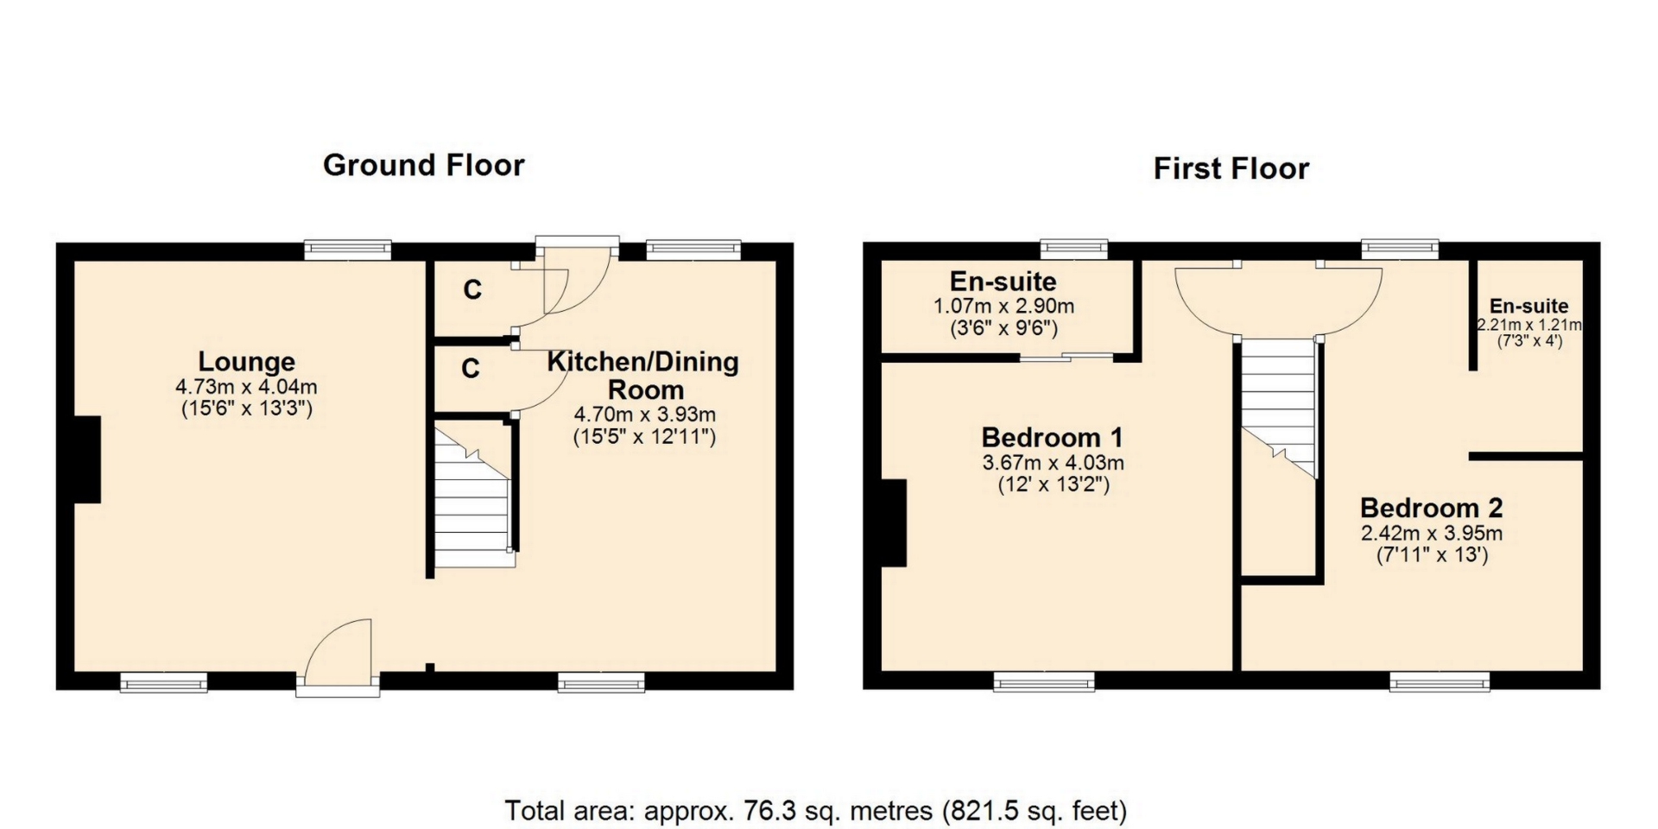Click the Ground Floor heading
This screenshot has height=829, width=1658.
[x=423, y=165]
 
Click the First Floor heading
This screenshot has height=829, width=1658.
[x=1231, y=168]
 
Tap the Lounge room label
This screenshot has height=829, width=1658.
[x=247, y=361]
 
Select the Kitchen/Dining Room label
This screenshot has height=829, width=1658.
[x=644, y=375]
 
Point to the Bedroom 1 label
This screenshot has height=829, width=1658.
[x=1052, y=437]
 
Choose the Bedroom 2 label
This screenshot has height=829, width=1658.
[x=1432, y=507]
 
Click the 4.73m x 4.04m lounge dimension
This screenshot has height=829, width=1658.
[x=247, y=387]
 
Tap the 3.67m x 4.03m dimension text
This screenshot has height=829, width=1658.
[x=1054, y=463]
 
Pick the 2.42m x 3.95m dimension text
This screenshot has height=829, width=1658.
[x=1432, y=533]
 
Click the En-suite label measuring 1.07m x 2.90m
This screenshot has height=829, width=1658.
[x=1003, y=282]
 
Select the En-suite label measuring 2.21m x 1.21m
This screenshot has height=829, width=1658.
[x=1528, y=307]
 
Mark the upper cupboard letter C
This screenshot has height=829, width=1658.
[x=471, y=289]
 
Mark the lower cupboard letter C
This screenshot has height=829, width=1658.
[x=471, y=369]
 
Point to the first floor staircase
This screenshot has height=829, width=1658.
[x=1278, y=408]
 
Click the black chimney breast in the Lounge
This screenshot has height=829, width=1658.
[x=88, y=459]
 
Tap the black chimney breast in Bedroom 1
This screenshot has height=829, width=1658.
[x=894, y=523]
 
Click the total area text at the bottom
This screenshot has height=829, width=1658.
[x=816, y=811]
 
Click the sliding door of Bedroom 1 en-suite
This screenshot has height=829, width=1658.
[x=1066, y=357]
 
